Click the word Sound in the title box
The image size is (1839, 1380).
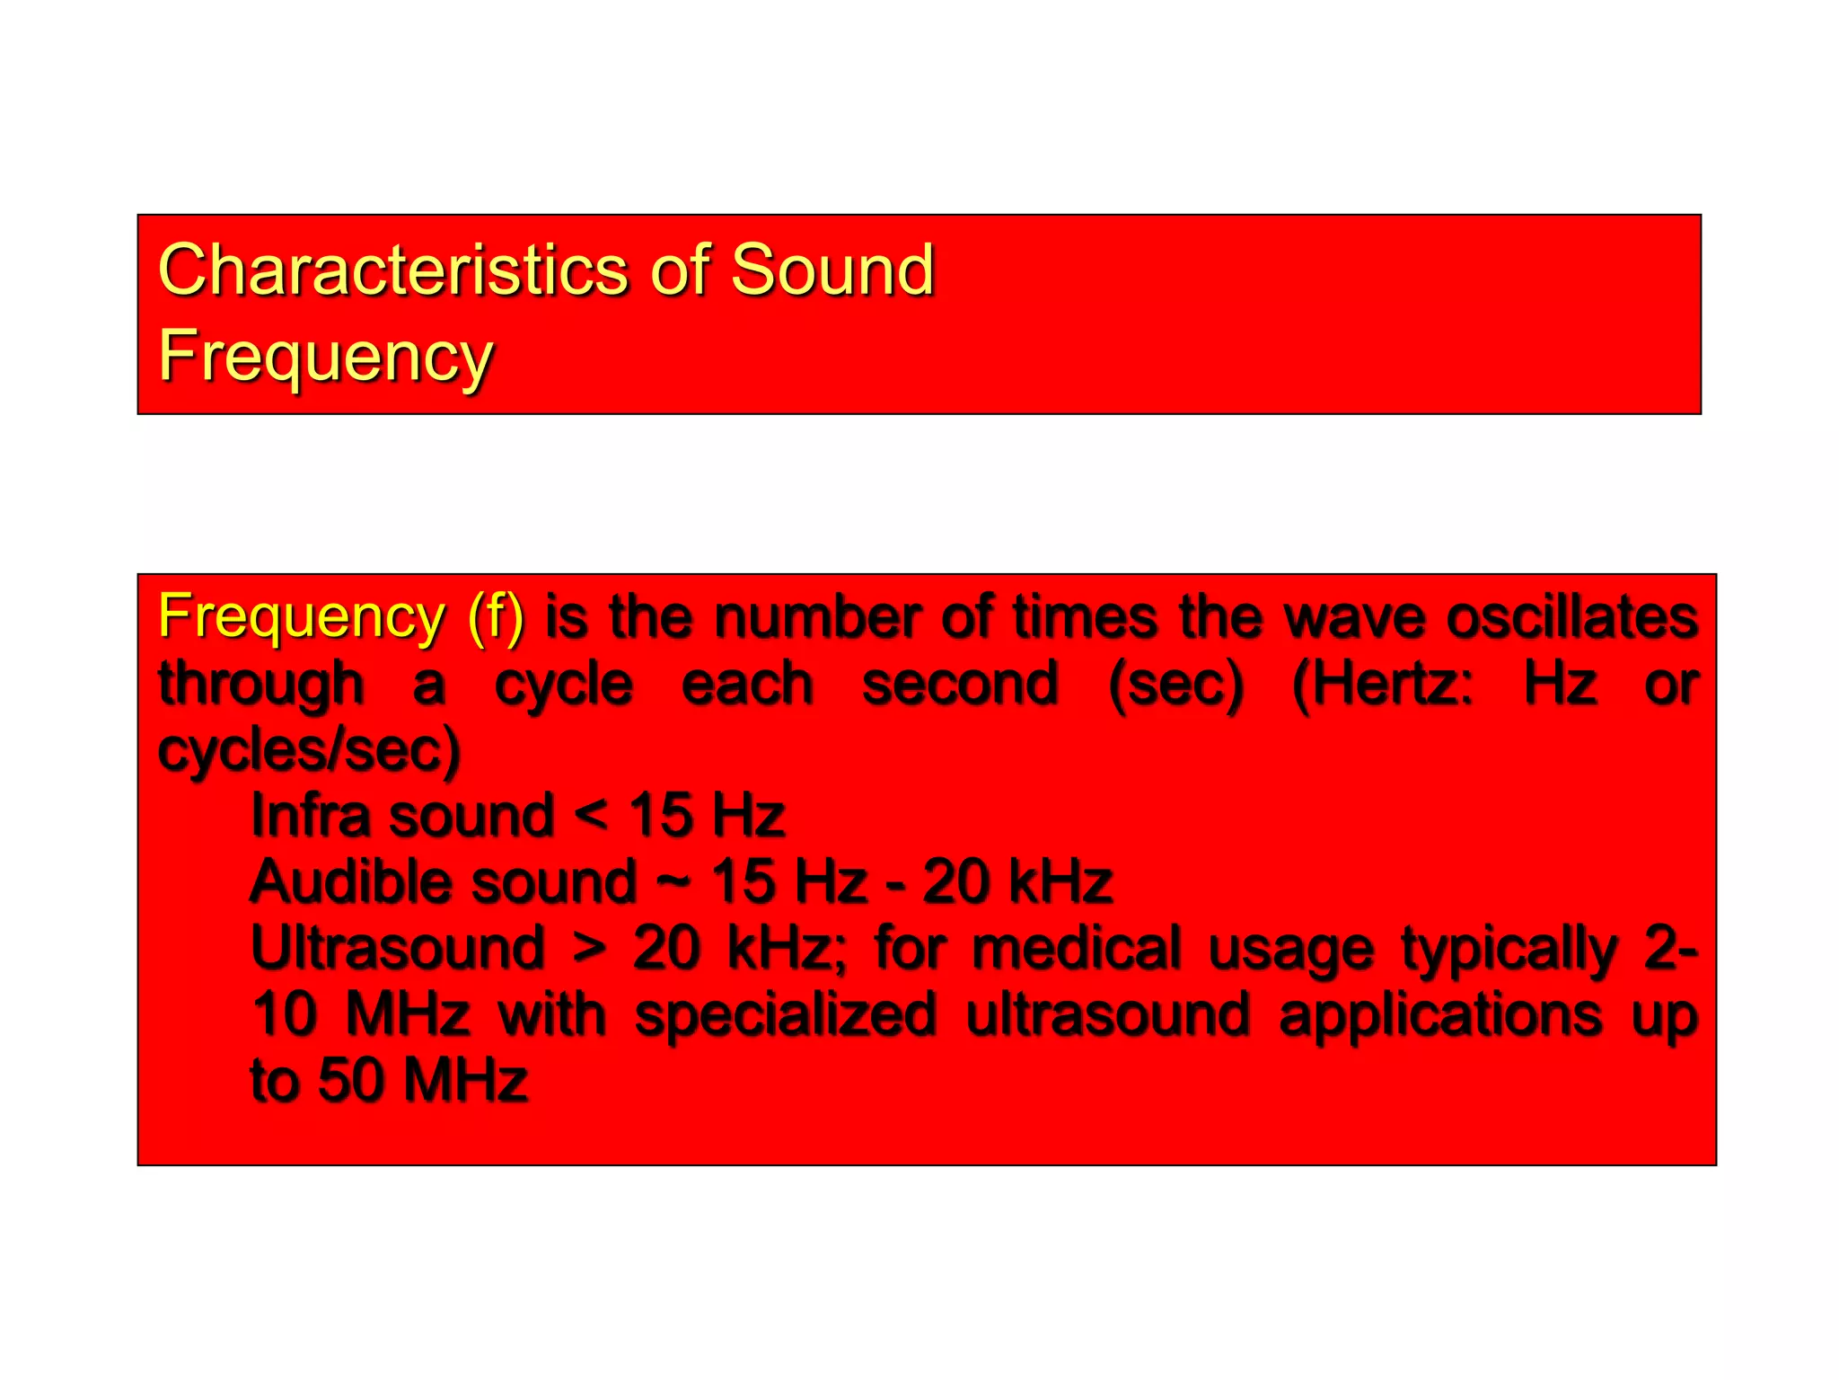[x=832, y=270]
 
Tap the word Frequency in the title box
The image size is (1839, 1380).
[x=325, y=356]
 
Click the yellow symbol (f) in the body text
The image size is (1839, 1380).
[x=496, y=617]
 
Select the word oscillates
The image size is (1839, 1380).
[x=1571, y=617]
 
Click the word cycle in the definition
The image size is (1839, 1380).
[x=564, y=685]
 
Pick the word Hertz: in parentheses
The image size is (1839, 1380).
[x=1383, y=685]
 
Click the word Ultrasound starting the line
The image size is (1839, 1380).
[x=398, y=948]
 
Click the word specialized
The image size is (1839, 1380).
[x=786, y=1014]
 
